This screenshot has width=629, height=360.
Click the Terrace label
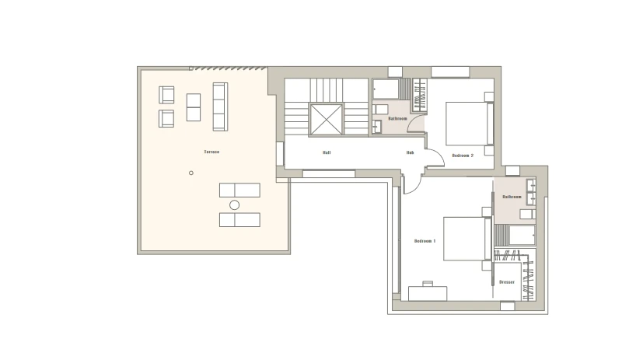tap(211, 152)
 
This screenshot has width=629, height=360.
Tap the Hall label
tap(327, 152)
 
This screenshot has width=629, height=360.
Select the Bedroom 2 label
tap(463, 156)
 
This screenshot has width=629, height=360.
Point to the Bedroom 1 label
tap(425, 241)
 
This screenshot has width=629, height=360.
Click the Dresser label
tap(507, 282)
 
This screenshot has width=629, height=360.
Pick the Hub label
tap(410, 152)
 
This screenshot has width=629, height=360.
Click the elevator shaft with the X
tap(326, 120)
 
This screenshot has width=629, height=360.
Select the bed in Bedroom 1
tap(467, 239)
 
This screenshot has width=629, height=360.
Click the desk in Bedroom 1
tap(428, 293)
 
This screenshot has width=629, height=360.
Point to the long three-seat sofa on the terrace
tap(220, 107)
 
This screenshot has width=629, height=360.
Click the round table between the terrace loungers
tap(235, 205)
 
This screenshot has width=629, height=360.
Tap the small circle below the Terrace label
tap(191, 173)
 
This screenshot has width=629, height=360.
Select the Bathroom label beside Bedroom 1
tap(512, 197)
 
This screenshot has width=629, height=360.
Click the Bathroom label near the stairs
tap(397, 118)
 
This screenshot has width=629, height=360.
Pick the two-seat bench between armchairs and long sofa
tap(194, 107)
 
